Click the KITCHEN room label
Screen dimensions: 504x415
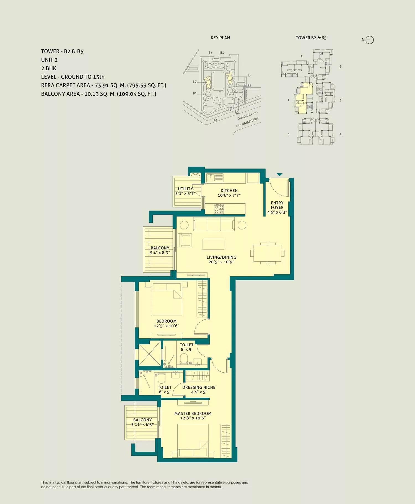click(229, 191)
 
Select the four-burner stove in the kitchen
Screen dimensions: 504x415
click(219, 209)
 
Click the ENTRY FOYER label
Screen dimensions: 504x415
click(277, 205)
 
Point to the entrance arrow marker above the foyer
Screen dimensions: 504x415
click(279, 175)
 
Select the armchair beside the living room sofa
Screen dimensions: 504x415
click(185, 240)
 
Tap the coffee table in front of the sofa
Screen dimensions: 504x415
click(213, 244)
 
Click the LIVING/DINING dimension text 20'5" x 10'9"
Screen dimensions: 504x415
click(221, 262)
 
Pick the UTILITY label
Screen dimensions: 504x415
click(185, 189)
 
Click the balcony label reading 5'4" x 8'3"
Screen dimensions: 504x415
click(160, 253)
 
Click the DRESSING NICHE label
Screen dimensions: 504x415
click(199, 387)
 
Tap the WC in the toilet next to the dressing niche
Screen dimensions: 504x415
click(161, 378)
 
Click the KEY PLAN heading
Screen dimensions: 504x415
click(220, 38)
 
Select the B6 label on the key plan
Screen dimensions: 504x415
click(249, 86)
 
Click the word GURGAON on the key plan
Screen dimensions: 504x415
click(245, 116)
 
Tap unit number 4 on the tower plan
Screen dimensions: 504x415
click(340, 134)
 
